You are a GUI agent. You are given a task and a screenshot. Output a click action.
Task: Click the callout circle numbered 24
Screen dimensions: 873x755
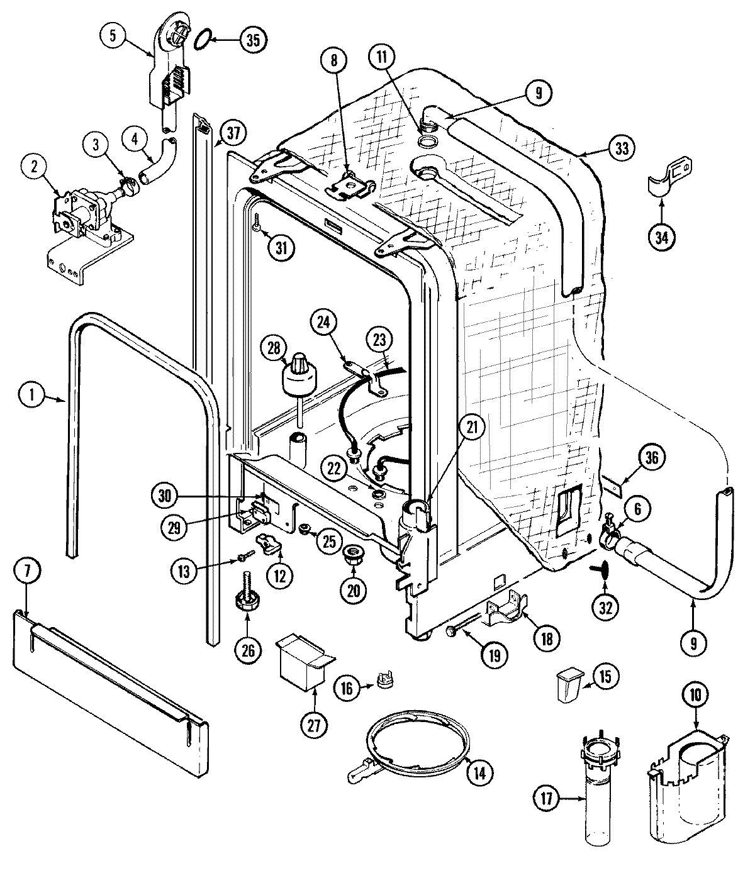[x=323, y=323]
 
